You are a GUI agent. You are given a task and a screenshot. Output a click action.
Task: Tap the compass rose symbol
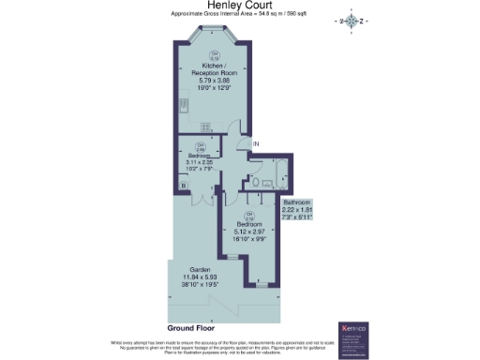352,22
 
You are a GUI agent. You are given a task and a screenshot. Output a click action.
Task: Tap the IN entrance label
255,143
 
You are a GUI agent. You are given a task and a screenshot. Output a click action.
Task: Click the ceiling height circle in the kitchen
215,55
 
